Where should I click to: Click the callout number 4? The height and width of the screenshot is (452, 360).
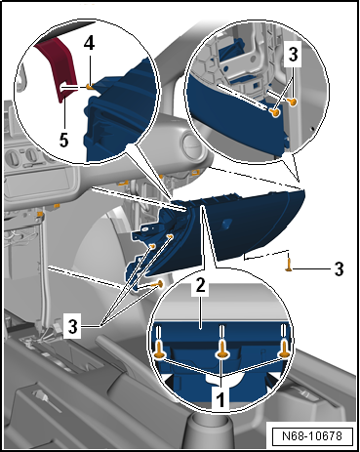(89, 43)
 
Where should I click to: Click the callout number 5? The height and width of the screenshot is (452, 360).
(64, 141)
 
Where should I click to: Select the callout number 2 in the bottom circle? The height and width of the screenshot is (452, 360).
(200, 285)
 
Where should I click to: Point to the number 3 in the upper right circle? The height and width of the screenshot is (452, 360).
(293, 55)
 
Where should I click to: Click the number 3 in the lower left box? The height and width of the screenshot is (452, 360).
(72, 326)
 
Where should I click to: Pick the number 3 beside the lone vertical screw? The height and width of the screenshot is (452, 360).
(339, 269)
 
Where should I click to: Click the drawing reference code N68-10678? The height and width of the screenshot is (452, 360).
(312, 435)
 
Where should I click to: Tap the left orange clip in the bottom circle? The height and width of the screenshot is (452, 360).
(159, 351)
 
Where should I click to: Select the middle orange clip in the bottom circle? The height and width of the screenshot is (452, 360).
(222, 350)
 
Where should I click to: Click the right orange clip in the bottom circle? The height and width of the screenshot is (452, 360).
(284, 350)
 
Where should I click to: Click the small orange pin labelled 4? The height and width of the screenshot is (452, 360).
(90, 86)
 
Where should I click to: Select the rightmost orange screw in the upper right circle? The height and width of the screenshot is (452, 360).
(294, 103)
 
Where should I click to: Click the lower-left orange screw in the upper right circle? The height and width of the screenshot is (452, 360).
(275, 112)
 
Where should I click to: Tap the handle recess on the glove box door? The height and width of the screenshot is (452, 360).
(226, 224)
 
